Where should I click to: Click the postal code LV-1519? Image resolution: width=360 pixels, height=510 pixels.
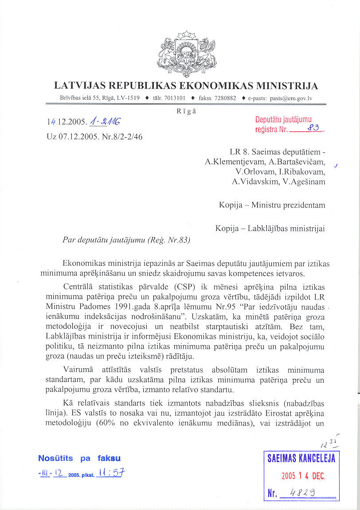pos(128,98)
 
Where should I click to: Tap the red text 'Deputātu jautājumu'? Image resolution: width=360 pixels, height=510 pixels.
pos(284,120)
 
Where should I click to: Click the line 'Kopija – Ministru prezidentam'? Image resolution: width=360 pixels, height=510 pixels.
pos(272,205)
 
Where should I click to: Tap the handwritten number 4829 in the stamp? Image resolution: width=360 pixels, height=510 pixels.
pos(303,494)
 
